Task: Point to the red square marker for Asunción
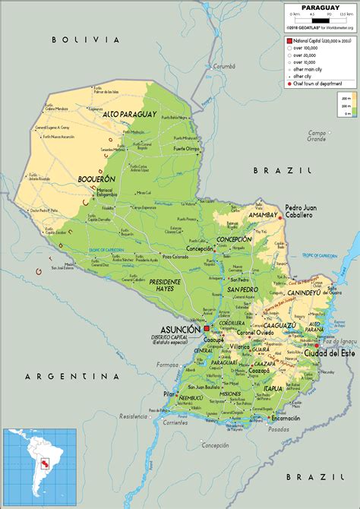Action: [x=206, y=327]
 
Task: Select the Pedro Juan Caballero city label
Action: [x=301, y=211]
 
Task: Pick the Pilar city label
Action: [x=169, y=394]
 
